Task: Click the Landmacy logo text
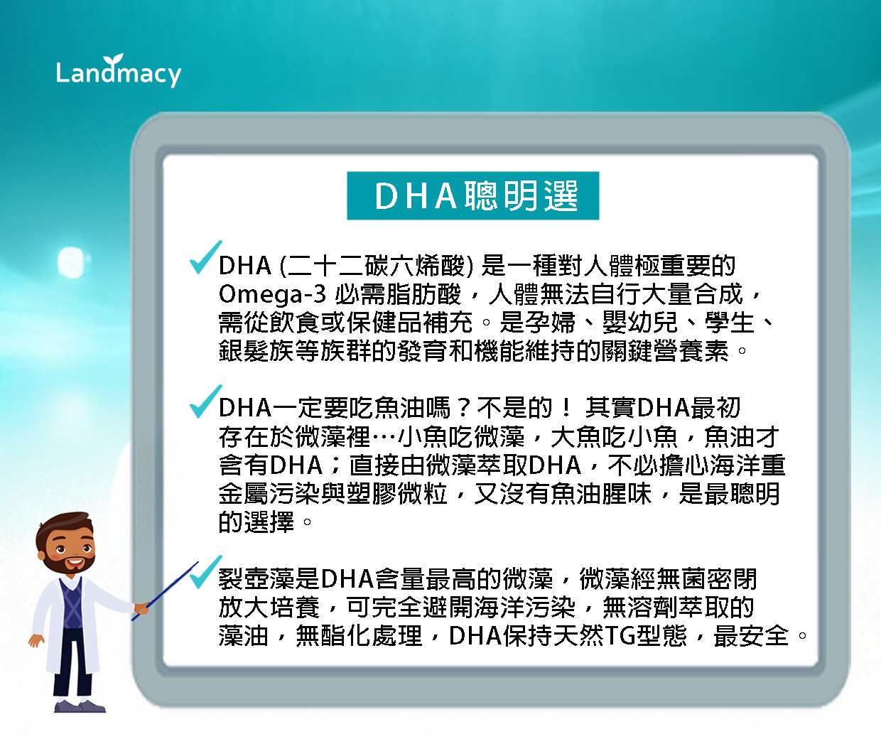point(119,72)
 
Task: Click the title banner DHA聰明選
point(473,195)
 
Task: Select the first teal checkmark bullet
point(206,257)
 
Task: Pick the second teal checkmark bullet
point(206,401)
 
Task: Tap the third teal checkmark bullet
point(206,572)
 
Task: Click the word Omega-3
point(272,295)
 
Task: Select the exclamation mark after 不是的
point(566,408)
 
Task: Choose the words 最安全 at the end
point(751,635)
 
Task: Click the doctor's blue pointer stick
point(165,591)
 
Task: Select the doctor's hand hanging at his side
point(36,640)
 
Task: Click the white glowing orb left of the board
point(71,262)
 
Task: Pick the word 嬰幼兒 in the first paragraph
point(639,323)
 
